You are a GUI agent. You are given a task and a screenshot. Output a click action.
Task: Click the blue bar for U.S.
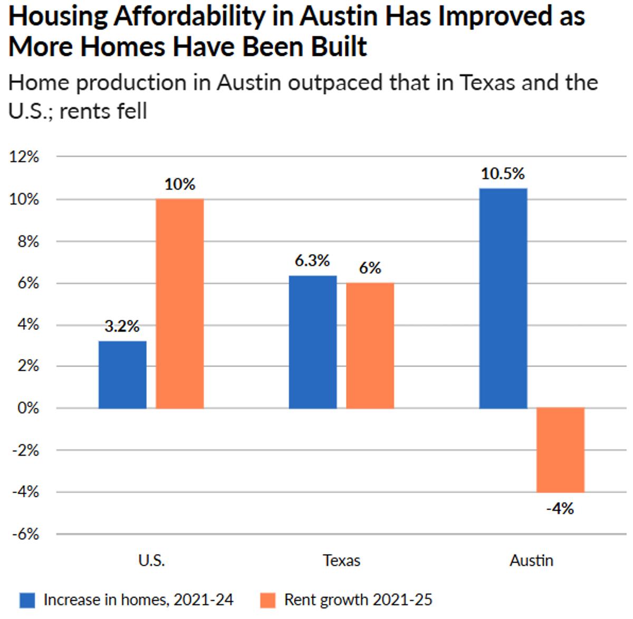point(122,375)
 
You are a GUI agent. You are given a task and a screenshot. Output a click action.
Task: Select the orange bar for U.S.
point(180,303)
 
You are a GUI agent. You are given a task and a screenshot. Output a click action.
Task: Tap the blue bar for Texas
point(313,342)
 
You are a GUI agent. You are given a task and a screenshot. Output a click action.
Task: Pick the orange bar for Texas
point(370,346)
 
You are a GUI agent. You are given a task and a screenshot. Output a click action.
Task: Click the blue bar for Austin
point(503,298)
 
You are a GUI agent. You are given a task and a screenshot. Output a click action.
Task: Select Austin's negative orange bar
point(560,450)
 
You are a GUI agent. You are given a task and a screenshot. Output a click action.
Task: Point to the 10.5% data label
point(503,174)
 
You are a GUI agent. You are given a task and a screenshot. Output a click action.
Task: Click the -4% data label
point(560,508)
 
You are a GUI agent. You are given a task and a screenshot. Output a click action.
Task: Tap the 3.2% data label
point(122,327)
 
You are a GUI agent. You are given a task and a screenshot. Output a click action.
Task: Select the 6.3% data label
point(312,261)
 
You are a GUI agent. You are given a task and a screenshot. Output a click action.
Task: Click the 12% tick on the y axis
point(24,157)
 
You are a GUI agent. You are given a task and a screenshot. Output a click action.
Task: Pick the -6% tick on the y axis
point(25,534)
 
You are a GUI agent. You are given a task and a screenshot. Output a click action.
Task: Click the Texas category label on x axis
point(341,560)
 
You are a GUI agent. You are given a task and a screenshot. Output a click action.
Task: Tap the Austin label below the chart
point(531,560)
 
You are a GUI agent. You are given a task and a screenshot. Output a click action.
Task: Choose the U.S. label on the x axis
point(151,560)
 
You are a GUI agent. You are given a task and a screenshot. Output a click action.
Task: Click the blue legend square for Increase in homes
point(27,600)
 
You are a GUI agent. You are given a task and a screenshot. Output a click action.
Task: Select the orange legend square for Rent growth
point(268,600)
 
